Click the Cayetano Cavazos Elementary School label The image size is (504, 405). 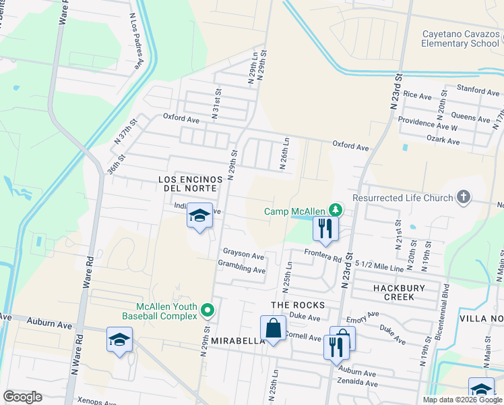pos(460,38)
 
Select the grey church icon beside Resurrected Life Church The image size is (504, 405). pos(462,197)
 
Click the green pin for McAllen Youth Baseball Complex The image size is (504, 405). pos(208,310)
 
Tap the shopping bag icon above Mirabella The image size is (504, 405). pos(273,329)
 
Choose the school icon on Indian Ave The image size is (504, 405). pos(199,216)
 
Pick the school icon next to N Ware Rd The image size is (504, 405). pos(119,340)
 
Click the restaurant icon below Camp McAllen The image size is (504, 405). pos(325,229)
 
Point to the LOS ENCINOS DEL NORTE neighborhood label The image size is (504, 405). pos(190,184)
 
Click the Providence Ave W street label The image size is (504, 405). pos(427,127)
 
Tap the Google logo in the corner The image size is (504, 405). pos(22,397)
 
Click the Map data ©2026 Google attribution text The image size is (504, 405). pos(462,400)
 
